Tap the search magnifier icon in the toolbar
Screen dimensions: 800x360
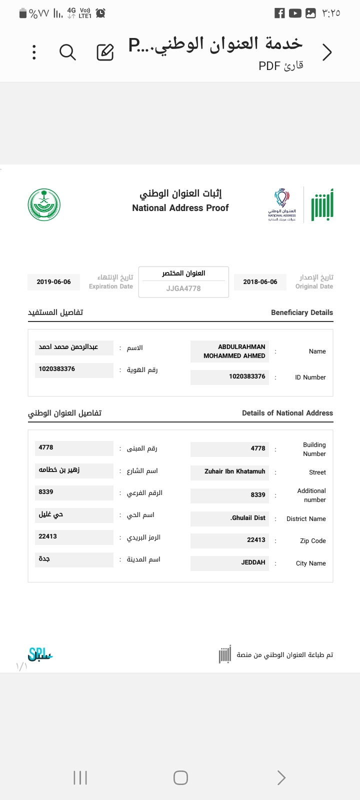tap(67, 52)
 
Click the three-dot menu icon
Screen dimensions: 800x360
tap(34, 52)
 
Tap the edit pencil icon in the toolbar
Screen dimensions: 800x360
tap(105, 52)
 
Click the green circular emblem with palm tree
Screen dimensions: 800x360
tap(44, 204)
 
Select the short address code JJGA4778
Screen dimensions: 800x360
tap(183, 288)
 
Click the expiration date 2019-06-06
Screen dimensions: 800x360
tap(53, 282)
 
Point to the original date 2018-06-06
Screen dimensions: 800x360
tap(260, 282)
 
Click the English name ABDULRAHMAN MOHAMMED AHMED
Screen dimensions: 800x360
tap(234, 351)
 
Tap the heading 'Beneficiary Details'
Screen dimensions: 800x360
tap(301, 312)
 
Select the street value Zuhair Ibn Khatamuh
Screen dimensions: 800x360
tap(234, 471)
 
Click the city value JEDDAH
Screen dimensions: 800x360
tap(253, 562)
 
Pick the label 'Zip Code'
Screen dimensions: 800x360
tap(312, 541)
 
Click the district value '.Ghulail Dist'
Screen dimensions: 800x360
tap(248, 518)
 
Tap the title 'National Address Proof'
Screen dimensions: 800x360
tap(180, 208)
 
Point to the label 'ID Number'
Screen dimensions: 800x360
tap(310, 377)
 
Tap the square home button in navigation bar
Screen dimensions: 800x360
tap(180, 777)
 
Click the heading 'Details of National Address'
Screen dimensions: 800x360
tap(287, 413)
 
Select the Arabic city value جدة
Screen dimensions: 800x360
tap(44, 559)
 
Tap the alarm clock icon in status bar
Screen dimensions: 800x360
tap(100, 13)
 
